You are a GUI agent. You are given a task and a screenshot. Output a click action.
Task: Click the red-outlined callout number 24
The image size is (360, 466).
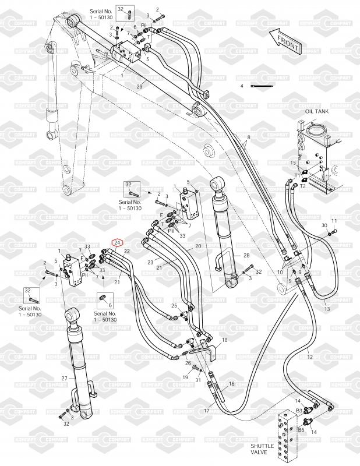117,242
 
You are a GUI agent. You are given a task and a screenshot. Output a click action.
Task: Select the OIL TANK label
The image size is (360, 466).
314,111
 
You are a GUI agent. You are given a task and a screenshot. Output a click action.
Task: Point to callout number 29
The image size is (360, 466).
139,86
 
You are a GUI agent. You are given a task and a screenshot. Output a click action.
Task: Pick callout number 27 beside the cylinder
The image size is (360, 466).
65,378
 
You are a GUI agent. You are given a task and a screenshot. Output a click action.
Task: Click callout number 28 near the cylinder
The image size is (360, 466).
246,256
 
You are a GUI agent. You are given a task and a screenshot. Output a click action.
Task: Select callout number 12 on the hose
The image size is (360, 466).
309,356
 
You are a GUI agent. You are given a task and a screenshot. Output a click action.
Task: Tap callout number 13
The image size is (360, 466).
327,309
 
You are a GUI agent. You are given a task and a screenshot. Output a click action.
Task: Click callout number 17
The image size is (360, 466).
206,411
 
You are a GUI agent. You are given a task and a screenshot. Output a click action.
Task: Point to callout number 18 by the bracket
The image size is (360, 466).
225,340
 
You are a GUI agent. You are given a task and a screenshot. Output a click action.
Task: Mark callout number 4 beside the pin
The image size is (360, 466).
241,86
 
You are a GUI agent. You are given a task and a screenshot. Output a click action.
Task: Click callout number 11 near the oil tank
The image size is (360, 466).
334,221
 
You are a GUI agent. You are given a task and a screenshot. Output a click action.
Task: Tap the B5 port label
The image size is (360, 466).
301,430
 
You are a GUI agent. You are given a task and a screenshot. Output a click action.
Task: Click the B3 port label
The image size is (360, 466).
299,411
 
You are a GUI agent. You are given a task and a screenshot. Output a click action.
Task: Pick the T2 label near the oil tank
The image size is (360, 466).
310,186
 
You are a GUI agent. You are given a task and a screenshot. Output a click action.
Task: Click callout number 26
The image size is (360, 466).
188,363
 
